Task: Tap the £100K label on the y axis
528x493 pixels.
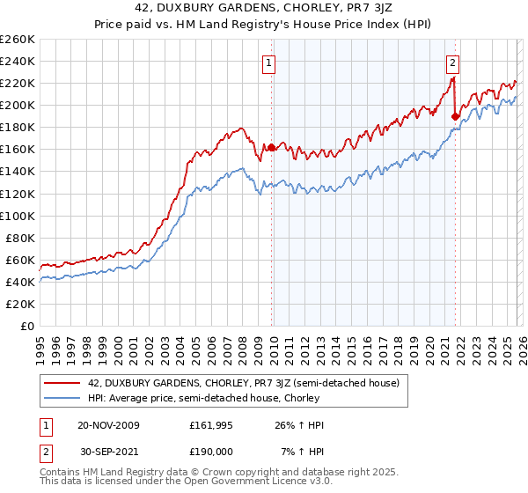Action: coord(18,216)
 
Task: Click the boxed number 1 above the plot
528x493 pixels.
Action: coord(269,63)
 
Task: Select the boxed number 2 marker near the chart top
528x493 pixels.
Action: coord(452,63)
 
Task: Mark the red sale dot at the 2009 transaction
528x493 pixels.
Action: coord(271,148)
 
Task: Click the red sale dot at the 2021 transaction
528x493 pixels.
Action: coord(455,116)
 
